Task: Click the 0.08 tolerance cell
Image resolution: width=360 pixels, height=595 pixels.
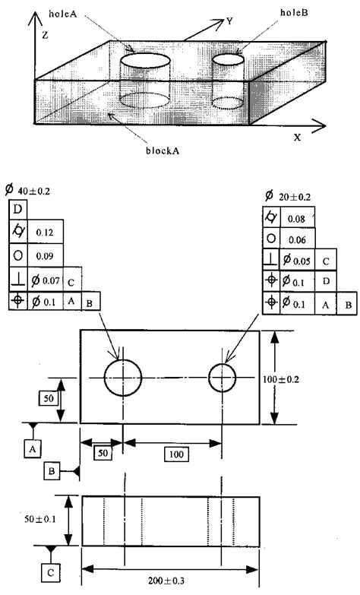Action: point(295,220)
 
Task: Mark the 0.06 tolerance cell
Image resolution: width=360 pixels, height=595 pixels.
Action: point(295,239)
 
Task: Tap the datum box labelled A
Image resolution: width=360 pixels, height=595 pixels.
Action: point(32,449)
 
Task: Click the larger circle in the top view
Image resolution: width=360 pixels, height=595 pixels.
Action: point(123,377)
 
